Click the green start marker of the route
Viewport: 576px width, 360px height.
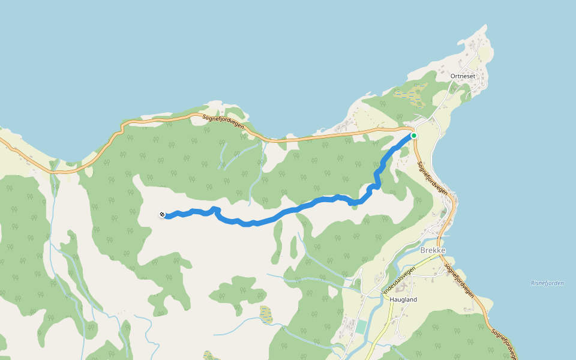[414, 136]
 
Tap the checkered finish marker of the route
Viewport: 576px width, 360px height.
[162, 215]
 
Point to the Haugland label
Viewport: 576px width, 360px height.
[403, 299]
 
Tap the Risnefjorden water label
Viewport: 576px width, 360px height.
[547, 283]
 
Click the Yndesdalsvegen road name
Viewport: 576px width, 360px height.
[398, 280]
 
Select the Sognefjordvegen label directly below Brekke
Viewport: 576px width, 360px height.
[460, 278]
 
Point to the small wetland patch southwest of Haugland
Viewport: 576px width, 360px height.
[266, 313]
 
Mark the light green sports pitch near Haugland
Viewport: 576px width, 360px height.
[361, 327]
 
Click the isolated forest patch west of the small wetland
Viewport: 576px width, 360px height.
[237, 292]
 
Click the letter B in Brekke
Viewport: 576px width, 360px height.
[423, 251]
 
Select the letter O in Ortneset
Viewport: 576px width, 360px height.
[453, 76]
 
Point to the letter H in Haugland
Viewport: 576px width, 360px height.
[392, 299]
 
